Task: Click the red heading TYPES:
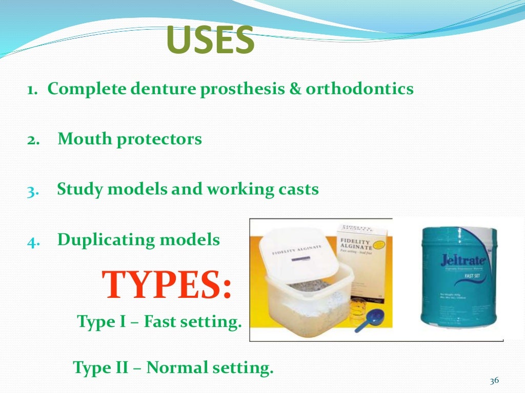click(167, 285)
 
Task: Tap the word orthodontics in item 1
click(360, 89)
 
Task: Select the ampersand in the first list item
click(293, 89)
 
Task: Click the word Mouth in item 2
click(84, 139)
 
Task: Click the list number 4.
click(31, 241)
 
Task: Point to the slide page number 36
click(494, 381)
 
